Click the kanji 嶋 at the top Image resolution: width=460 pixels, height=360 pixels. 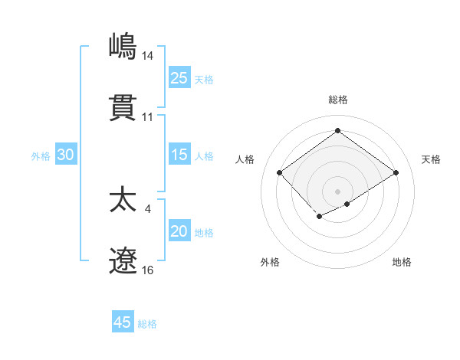[123, 46]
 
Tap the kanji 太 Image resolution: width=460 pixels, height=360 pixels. [123, 200]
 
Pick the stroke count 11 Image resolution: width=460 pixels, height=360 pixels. [148, 117]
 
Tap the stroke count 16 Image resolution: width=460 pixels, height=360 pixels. [148, 270]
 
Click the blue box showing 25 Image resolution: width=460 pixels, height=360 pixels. [179, 78]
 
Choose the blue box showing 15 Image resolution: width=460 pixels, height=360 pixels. [179, 155]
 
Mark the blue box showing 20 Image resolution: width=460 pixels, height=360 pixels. [179, 231]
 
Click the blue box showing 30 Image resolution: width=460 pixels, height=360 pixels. [66, 155]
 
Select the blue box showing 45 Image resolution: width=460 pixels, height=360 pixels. [123, 322]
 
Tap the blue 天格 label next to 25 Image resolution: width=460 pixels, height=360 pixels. [204, 79]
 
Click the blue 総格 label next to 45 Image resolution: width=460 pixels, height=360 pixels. [147, 323]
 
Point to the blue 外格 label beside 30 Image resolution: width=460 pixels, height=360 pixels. [41, 155]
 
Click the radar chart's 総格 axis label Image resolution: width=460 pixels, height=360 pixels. [337, 100]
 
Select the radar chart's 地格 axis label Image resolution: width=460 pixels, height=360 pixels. [402, 262]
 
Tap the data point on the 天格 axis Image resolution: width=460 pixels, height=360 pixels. [396, 173]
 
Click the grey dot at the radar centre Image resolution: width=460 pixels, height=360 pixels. [337, 191]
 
